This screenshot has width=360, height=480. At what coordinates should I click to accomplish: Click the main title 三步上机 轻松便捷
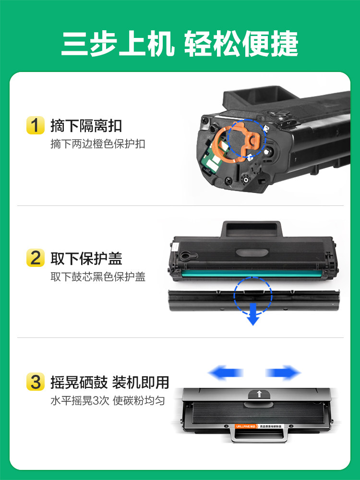(x=180, y=44)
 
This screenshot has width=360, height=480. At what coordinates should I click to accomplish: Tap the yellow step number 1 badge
(x=35, y=126)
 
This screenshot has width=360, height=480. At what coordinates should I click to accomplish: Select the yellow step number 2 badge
(x=35, y=258)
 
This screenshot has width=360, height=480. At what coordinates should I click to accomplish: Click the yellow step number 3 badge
(x=35, y=383)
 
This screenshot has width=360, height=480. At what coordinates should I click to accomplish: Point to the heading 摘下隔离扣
(x=86, y=126)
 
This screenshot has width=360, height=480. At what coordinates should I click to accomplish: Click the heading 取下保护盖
(x=86, y=258)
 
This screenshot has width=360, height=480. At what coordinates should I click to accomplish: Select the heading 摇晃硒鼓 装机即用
(x=110, y=383)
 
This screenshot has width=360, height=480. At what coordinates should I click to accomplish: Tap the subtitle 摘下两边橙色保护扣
(x=98, y=144)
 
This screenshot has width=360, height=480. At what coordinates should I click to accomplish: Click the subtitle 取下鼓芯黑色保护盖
(x=98, y=277)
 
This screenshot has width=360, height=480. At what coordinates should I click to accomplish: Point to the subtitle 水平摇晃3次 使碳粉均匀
(x=108, y=401)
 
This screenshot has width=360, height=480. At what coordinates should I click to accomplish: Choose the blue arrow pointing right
(x=283, y=372)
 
